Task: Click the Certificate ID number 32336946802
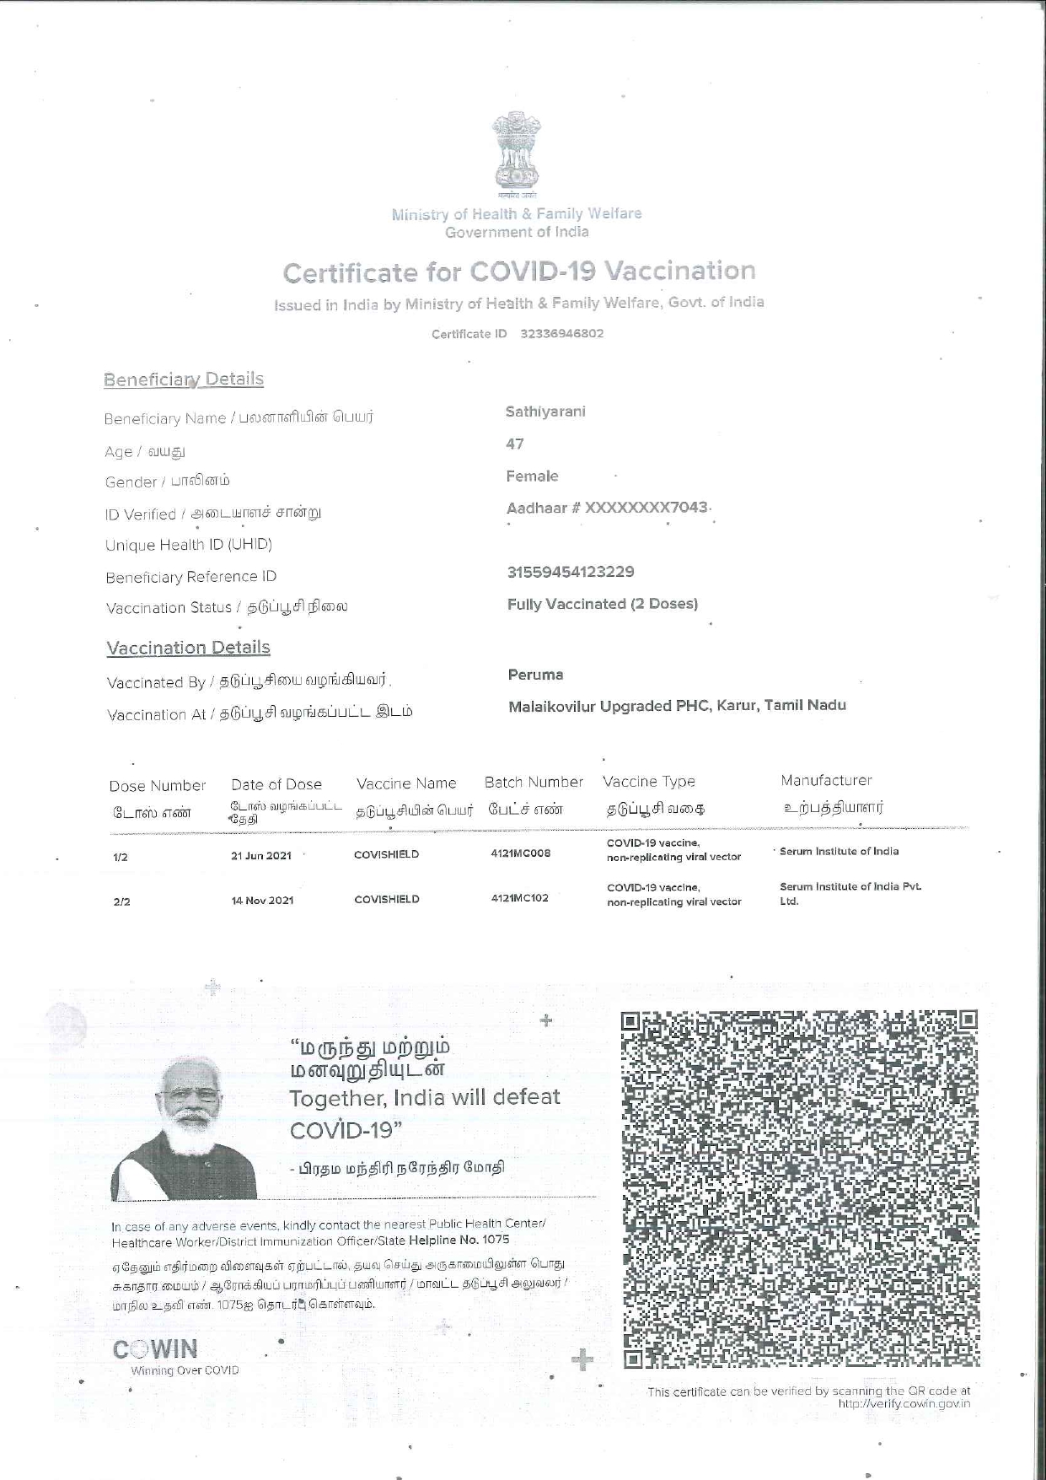click(x=561, y=333)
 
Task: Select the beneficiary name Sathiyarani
click(x=544, y=412)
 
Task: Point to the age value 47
click(x=515, y=444)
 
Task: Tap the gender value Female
click(x=532, y=476)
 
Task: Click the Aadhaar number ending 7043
click(x=607, y=508)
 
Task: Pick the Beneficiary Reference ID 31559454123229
click(x=570, y=572)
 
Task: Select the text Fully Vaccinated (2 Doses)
click(x=602, y=604)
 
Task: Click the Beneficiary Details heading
click(x=184, y=379)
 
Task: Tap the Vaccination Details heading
click(x=188, y=648)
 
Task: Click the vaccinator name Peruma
click(x=535, y=675)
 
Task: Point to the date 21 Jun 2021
click(x=261, y=856)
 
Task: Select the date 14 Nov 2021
click(x=262, y=901)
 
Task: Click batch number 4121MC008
click(x=520, y=853)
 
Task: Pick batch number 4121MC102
click(x=519, y=898)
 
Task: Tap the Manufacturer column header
click(x=826, y=781)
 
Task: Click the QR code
click(x=800, y=1188)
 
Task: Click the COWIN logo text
click(x=155, y=1350)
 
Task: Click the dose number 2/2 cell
click(x=121, y=901)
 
